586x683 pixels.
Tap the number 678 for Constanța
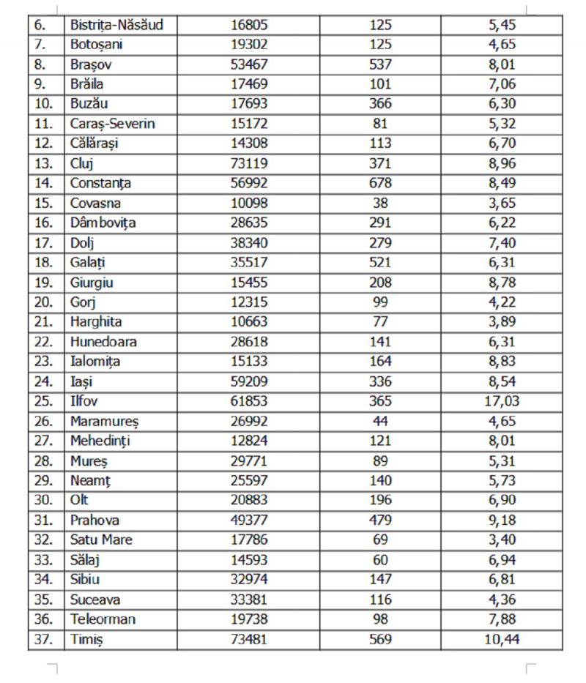381,184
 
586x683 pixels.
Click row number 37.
45,639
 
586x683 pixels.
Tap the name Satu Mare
101,540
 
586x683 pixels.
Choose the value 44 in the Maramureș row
381,421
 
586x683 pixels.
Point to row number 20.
45,302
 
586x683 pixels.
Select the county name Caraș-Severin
113,124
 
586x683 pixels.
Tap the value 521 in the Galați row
381,263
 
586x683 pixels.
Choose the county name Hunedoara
103,342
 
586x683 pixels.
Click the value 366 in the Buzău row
381,104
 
